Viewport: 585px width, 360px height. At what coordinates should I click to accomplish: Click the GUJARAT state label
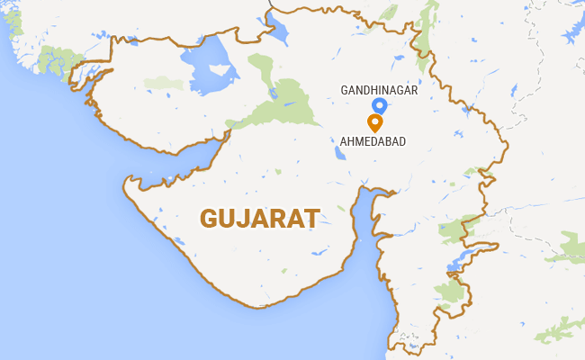(x=260, y=218)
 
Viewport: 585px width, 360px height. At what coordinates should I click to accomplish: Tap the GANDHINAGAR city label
(x=377, y=90)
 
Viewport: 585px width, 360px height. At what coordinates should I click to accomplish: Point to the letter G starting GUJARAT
(x=209, y=218)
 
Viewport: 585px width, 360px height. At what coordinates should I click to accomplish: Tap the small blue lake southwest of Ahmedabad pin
(x=339, y=152)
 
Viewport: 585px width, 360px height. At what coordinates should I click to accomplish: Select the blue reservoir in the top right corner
(x=572, y=36)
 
